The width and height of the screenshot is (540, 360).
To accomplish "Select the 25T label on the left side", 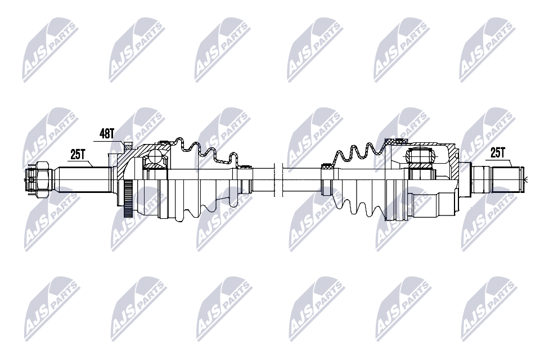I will (x=78, y=152).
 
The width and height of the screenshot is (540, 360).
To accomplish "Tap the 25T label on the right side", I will (x=498, y=152).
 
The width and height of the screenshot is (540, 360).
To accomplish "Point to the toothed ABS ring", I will (x=128, y=199).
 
